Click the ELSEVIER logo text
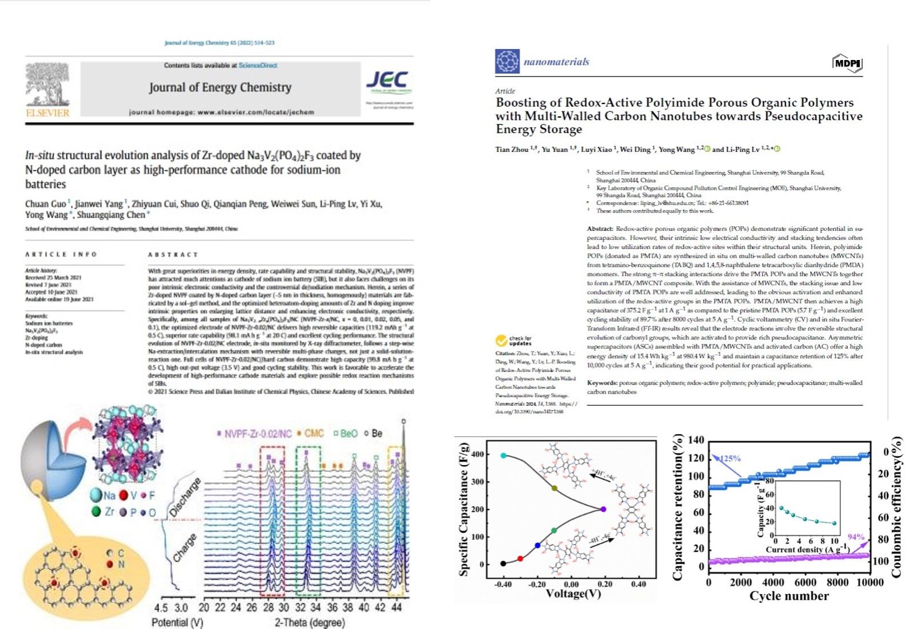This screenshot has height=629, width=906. pos(47,113)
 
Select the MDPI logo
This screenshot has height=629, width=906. pos(847,63)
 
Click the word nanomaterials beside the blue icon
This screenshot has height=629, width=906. pos(556,62)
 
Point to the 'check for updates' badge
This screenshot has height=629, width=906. pos(514,341)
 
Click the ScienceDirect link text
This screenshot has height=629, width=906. pos(258,65)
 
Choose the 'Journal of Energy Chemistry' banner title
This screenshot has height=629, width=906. pos(220,87)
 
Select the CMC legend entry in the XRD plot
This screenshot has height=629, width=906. pos(311,434)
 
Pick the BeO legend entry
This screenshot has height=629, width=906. pos(346,434)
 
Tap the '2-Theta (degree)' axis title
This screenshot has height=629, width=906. pos(310,622)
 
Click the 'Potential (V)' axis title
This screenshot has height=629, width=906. pos(177,622)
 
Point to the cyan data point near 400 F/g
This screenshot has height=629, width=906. pos(503,455)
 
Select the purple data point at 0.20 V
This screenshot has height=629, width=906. pos(603,509)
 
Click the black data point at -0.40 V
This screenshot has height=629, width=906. pos(503,563)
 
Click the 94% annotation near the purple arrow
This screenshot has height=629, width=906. pos(856,537)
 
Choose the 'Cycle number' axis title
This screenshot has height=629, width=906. pos(789,596)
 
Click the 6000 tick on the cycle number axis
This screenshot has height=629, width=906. pos(805,582)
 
